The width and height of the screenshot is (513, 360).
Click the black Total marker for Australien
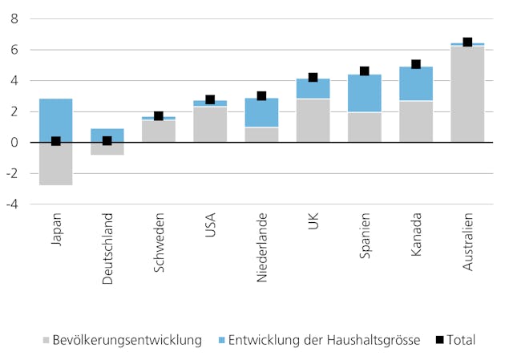point(467,42)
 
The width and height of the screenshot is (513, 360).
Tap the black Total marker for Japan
point(55,141)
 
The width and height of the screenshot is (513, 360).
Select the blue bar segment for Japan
point(55,120)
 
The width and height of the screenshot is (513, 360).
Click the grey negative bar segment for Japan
point(55,164)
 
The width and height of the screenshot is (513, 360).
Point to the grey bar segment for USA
point(210,124)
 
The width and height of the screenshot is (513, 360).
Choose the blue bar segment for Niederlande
point(261,112)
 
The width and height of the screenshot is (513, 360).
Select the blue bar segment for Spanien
point(364,93)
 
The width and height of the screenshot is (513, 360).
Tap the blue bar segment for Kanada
point(416,83)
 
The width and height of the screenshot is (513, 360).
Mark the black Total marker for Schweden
point(159,116)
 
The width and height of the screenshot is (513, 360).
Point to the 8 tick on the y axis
point(13,18)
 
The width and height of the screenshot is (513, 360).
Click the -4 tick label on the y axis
point(10,204)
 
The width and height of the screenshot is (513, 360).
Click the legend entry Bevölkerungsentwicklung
point(120,340)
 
